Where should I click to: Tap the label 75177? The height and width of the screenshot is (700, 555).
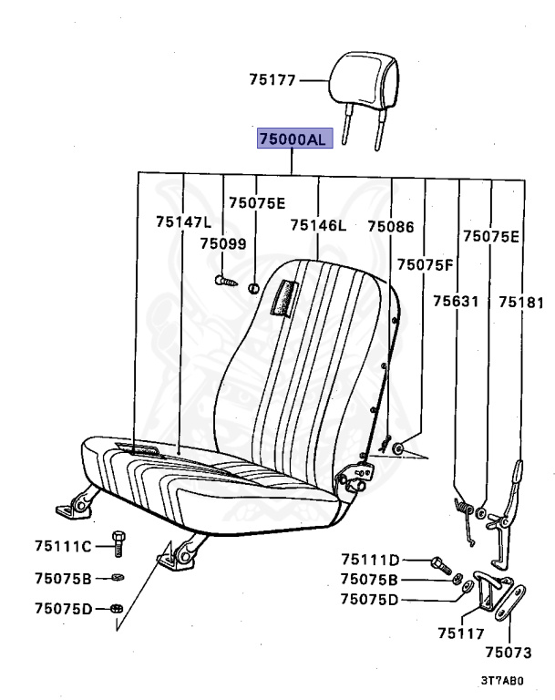[272, 80]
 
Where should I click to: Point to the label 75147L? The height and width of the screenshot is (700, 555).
[183, 221]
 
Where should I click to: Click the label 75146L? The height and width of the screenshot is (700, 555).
[318, 225]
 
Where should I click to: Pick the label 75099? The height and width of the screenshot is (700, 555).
[223, 243]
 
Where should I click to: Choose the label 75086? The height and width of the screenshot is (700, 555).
[391, 225]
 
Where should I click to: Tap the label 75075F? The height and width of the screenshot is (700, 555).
[425, 264]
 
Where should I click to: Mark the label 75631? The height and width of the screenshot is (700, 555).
[456, 301]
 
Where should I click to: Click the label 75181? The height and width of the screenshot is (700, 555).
[520, 301]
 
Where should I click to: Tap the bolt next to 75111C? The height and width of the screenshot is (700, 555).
[117, 543]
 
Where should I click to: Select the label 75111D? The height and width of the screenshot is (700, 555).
[371, 560]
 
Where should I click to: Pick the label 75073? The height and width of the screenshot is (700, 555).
[508, 653]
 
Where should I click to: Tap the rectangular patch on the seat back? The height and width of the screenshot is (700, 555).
[283, 297]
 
